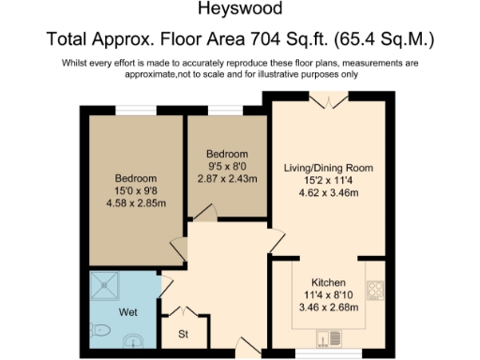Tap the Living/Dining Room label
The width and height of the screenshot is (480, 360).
coord(328,168)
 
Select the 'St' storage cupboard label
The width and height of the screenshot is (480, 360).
coord(184,333)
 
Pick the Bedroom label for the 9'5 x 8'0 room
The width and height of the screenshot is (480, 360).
coord(227,154)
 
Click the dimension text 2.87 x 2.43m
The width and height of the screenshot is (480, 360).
coord(227,178)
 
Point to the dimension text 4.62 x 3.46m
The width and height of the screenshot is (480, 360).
coord(328,192)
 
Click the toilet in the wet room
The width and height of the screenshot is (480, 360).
coord(102,329)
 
